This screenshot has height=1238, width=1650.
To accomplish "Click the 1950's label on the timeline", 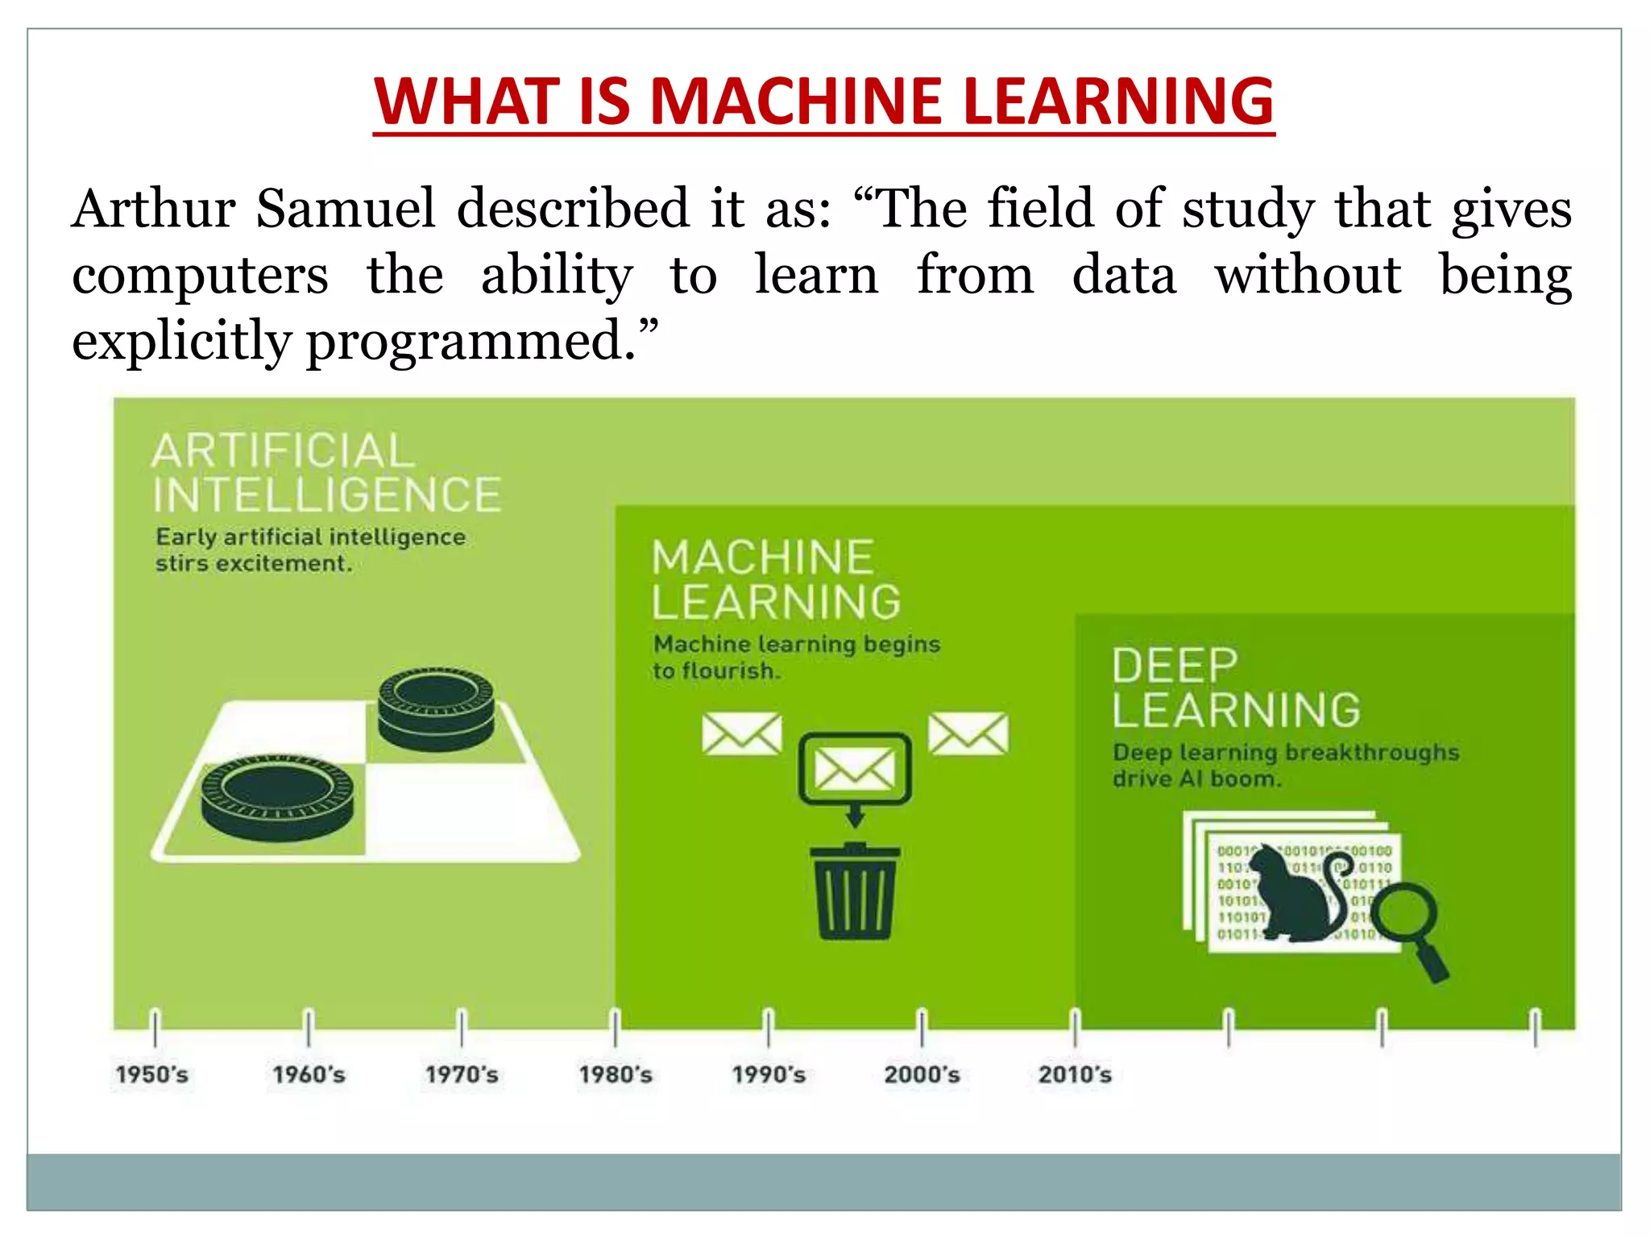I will point(151,1074).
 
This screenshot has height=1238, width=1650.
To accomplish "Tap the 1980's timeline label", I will point(616,1074).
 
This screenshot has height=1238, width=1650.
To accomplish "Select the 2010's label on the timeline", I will point(1075,1074).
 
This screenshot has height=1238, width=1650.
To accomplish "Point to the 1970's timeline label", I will point(462,1074).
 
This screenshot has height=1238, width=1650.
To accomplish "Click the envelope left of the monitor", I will point(741,733).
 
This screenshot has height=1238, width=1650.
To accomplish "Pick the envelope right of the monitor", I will point(968,733).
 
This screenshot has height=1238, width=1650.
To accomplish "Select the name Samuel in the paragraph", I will point(346,209).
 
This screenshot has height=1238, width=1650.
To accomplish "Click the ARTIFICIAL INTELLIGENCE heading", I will point(325,472).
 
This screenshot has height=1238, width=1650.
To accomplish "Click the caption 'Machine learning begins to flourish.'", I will point(795,657).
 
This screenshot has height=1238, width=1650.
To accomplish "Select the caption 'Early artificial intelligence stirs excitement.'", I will point(310,550).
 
